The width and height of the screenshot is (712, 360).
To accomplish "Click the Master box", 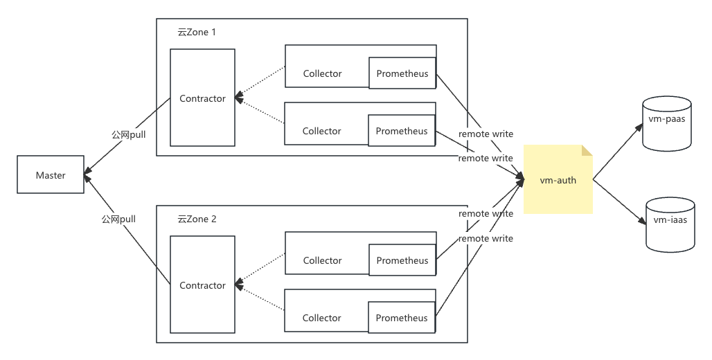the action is (51, 174).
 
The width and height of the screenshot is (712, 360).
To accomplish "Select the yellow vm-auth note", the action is (558, 179).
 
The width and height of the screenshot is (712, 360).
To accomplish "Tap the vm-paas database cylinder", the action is (666, 123).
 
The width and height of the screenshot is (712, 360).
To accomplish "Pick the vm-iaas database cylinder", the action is (670, 225).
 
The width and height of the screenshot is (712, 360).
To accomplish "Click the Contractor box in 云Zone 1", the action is (202, 98).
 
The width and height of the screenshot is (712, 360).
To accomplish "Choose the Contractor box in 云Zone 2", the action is (202, 285).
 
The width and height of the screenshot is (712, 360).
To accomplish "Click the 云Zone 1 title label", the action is (197, 33).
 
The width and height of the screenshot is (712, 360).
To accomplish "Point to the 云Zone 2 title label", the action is (197, 219).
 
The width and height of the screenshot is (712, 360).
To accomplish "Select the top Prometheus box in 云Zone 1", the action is (402, 73).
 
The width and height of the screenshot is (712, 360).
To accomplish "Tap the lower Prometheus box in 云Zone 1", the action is (402, 131).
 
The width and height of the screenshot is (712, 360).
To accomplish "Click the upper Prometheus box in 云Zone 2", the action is (402, 260).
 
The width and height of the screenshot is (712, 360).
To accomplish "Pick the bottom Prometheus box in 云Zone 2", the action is (402, 318).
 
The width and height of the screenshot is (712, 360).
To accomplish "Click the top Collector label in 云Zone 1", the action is (322, 73).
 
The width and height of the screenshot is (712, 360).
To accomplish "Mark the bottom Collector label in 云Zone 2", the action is (321, 318).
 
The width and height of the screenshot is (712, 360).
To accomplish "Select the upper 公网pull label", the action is (129, 135).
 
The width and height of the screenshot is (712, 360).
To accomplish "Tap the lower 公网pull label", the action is (118, 219).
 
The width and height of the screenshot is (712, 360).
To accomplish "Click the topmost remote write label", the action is (486, 134).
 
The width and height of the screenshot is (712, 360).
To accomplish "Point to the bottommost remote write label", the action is (486, 238).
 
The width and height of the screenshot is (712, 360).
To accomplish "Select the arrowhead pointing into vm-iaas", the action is (641, 221).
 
